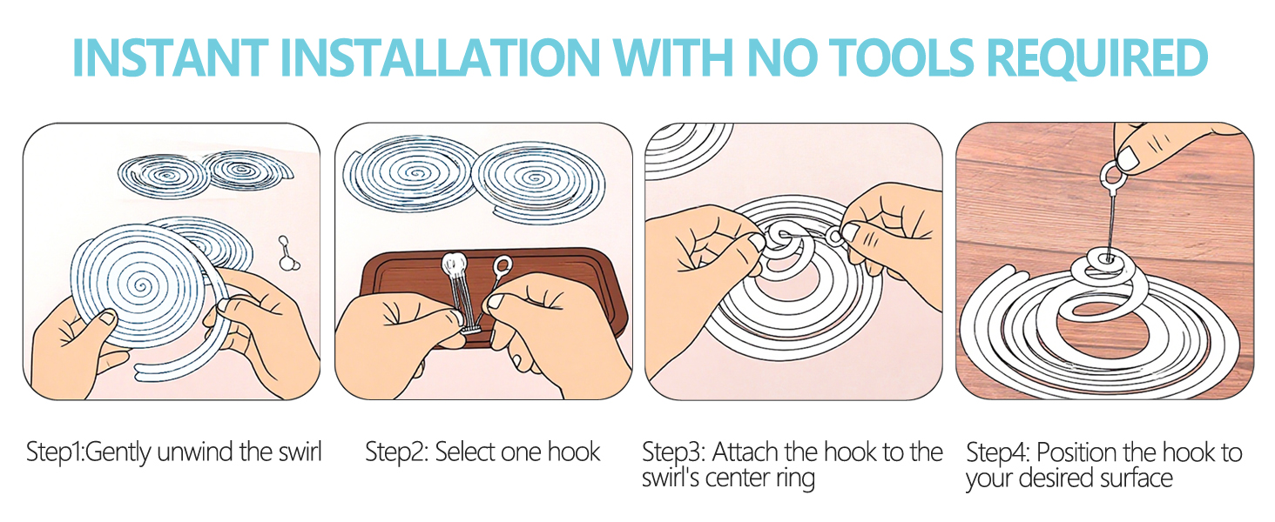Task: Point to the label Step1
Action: pos(55,453)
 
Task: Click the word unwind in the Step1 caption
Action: pos(195,452)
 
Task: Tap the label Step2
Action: pos(395,453)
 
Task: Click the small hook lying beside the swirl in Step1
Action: pos(288,254)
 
